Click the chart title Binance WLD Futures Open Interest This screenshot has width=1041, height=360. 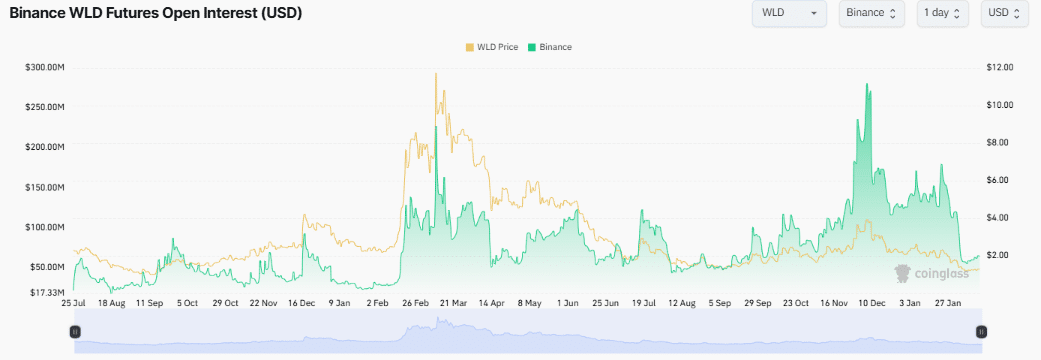click(x=155, y=13)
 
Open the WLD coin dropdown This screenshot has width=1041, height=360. click(x=789, y=13)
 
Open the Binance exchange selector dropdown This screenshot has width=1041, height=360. click(x=872, y=13)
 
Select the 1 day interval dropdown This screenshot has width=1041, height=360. click(x=943, y=13)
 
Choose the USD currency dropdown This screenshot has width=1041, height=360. click(x=1004, y=13)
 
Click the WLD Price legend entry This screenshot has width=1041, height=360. click(x=492, y=47)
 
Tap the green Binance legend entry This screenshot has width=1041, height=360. click(x=550, y=47)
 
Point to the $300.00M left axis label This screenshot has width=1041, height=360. click(x=44, y=67)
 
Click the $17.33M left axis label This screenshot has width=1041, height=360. click(x=46, y=292)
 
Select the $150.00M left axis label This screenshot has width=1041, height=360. click(x=44, y=187)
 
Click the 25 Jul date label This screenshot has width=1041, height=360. click(x=74, y=303)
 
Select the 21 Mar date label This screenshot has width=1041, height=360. click(x=454, y=303)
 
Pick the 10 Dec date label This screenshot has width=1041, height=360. click(x=872, y=303)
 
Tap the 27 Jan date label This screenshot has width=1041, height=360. click(x=948, y=303)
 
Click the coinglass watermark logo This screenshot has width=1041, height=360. click(x=931, y=272)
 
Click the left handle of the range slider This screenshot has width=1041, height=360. click(x=75, y=331)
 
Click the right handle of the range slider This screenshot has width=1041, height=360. click(x=981, y=331)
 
